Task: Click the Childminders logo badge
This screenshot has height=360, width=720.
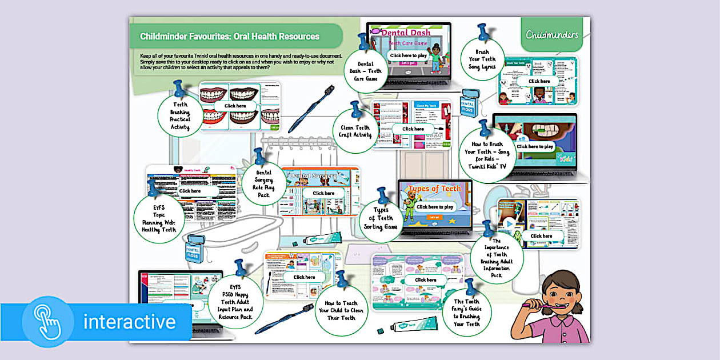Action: click(x=552, y=34)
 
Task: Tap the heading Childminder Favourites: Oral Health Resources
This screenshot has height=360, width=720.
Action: click(x=230, y=37)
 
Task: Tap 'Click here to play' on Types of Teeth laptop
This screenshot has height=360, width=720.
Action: click(x=435, y=207)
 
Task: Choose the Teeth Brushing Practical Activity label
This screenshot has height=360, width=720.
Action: click(x=181, y=116)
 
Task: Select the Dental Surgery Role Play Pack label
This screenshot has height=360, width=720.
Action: click(x=263, y=183)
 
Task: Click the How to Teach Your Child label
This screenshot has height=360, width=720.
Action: click(x=341, y=310)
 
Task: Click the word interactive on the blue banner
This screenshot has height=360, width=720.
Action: click(x=129, y=322)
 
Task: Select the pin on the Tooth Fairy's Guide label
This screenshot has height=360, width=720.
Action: click(x=470, y=286)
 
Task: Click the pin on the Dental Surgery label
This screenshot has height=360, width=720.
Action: click(x=259, y=156)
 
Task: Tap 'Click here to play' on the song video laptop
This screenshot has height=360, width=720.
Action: click(x=535, y=147)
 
